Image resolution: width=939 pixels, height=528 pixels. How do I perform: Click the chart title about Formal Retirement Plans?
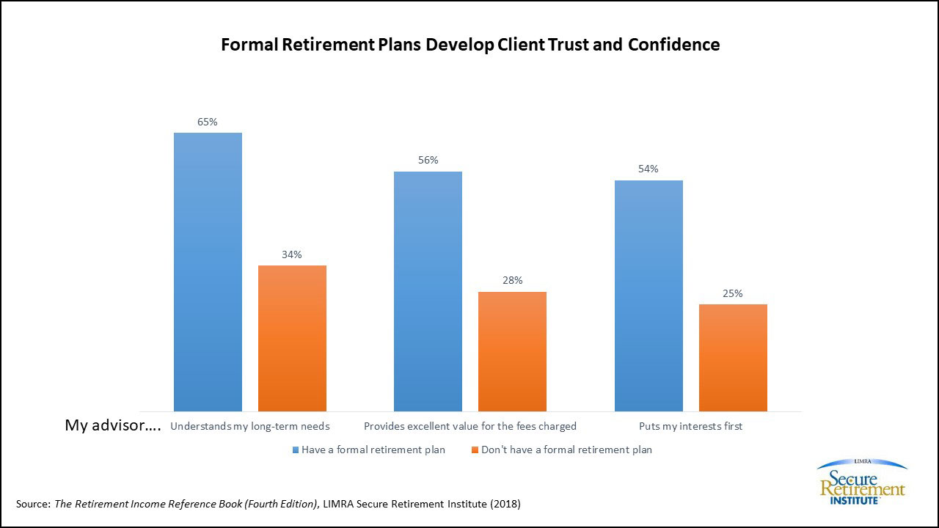pyautogui.click(x=470, y=45)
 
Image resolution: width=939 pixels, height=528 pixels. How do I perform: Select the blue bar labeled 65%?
pyautogui.click(x=208, y=272)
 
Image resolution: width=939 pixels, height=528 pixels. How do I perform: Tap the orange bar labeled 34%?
pyautogui.click(x=292, y=338)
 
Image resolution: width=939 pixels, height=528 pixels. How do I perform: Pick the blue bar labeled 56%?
pyautogui.click(x=428, y=291)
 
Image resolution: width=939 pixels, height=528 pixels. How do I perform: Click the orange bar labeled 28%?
pyautogui.click(x=512, y=351)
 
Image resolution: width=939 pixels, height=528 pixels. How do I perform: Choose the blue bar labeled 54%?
pyautogui.click(x=649, y=296)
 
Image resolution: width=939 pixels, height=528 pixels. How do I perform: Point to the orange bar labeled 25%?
pyautogui.click(x=733, y=358)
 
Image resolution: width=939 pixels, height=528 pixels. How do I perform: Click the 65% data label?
pyautogui.click(x=208, y=122)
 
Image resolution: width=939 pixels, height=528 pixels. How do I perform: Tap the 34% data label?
pyautogui.click(x=292, y=254)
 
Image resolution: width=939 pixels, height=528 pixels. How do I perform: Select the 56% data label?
pyautogui.click(x=428, y=160)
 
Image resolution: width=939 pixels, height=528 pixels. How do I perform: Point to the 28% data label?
pyautogui.click(x=512, y=280)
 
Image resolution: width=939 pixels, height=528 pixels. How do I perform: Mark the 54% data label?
pyautogui.click(x=648, y=169)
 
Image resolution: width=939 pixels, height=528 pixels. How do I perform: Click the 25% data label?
pyautogui.click(x=733, y=293)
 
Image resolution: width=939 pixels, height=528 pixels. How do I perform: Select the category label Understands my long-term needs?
pyautogui.click(x=250, y=427)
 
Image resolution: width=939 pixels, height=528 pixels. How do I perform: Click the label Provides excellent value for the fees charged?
pyautogui.click(x=470, y=427)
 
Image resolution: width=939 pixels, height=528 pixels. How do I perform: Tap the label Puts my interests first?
pyautogui.click(x=691, y=427)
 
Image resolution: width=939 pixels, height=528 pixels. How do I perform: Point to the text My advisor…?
pyautogui.click(x=113, y=425)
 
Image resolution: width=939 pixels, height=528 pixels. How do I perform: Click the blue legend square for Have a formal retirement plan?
pyautogui.click(x=296, y=450)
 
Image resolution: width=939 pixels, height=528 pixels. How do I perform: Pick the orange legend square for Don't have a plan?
pyautogui.click(x=475, y=450)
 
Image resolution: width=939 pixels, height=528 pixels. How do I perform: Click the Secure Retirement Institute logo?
pyautogui.click(x=862, y=482)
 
